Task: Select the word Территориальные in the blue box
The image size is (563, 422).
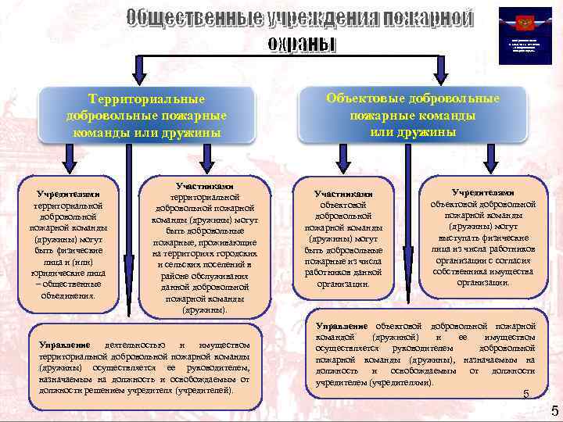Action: pos(147,99)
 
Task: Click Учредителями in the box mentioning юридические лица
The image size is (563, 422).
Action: pos(67,192)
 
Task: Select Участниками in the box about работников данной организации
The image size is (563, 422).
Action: pos(343,193)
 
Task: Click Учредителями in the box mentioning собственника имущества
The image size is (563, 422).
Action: pos(482,192)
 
